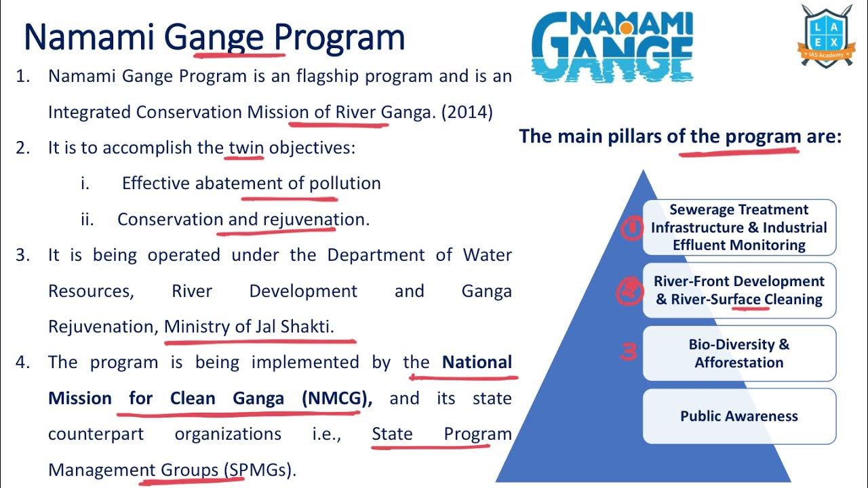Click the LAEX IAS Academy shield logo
tap(825, 35)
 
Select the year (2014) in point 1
tap(467, 112)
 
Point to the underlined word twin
tap(246, 148)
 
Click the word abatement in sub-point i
tap(239, 184)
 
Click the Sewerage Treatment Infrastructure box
tap(739, 228)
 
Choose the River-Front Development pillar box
tap(739, 290)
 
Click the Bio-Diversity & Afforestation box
tap(739, 353)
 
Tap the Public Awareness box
tap(739, 416)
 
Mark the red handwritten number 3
tap(629, 352)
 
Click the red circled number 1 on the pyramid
tap(631, 229)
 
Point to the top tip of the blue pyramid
tap(642, 172)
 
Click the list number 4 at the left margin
tap(23, 363)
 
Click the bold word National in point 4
tap(477, 363)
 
